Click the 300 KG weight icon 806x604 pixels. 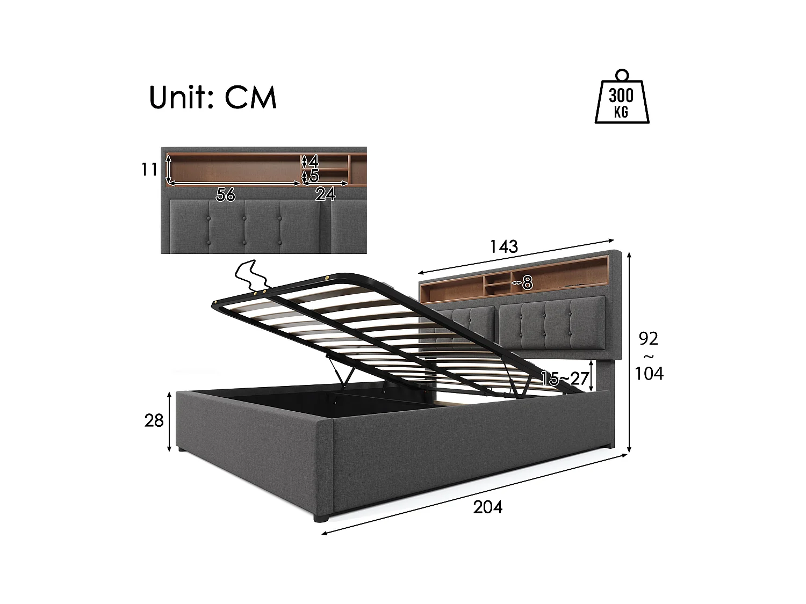coord(621,102)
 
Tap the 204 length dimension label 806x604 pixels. coord(487,506)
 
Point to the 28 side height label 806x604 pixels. coord(154,421)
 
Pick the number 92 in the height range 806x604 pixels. coord(649,339)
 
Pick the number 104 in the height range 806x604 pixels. coord(649,373)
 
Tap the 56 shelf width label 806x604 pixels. coord(226,194)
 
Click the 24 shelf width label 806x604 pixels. coord(325,194)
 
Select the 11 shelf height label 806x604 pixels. coord(149,169)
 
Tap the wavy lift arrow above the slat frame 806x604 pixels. coord(251,277)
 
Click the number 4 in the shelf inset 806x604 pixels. coord(314,161)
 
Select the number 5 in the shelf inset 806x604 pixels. coord(314,176)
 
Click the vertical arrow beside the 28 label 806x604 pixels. coord(170,421)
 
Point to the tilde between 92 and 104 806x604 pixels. coord(649,356)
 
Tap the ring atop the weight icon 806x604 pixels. coord(622,74)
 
